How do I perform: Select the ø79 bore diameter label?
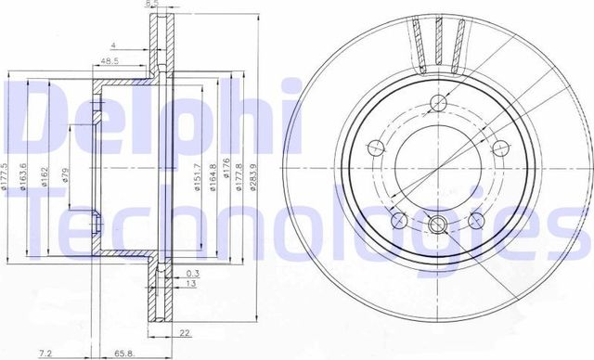[66, 176]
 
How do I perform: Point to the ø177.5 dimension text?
[10, 176]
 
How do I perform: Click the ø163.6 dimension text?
[29, 176]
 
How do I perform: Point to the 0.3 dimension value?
[192, 274]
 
